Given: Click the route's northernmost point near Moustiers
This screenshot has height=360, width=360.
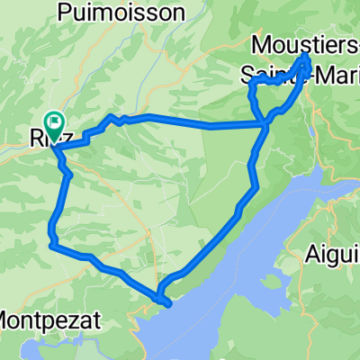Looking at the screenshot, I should tap(306, 56).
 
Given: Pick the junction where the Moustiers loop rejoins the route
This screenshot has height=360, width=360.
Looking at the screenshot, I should tap(265, 125).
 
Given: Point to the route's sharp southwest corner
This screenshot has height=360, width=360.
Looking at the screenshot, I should tap(52, 244).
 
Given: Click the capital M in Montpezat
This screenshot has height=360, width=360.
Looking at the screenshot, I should tap(8, 319).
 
